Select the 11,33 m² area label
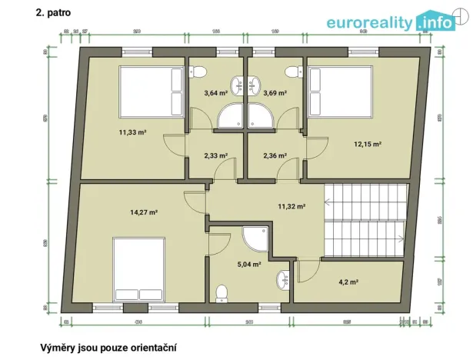tap(132, 132)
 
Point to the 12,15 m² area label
tap(368, 144)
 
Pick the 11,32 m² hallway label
tap(291, 206)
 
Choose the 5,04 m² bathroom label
tap(248, 264)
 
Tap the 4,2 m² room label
tap(350, 282)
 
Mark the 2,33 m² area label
tap(215, 155)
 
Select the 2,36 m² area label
tap(275, 155)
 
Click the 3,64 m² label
tap(215, 93)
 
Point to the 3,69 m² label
tap(275, 93)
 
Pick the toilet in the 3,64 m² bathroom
tap(199, 72)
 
